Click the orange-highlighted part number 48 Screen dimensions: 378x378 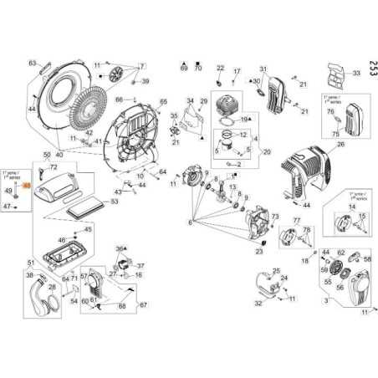coord(27,186)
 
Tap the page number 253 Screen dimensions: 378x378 coord(370,64)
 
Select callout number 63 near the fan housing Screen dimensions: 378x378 coord(33,63)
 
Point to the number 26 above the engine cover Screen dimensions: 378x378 coord(340,144)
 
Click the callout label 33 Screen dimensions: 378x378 coord(355,74)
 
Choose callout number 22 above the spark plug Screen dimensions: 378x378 coord(221,68)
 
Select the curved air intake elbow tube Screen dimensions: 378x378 coord(41,293)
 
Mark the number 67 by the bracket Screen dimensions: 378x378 coord(143,304)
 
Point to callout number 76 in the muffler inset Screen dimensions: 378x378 coord(330,111)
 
